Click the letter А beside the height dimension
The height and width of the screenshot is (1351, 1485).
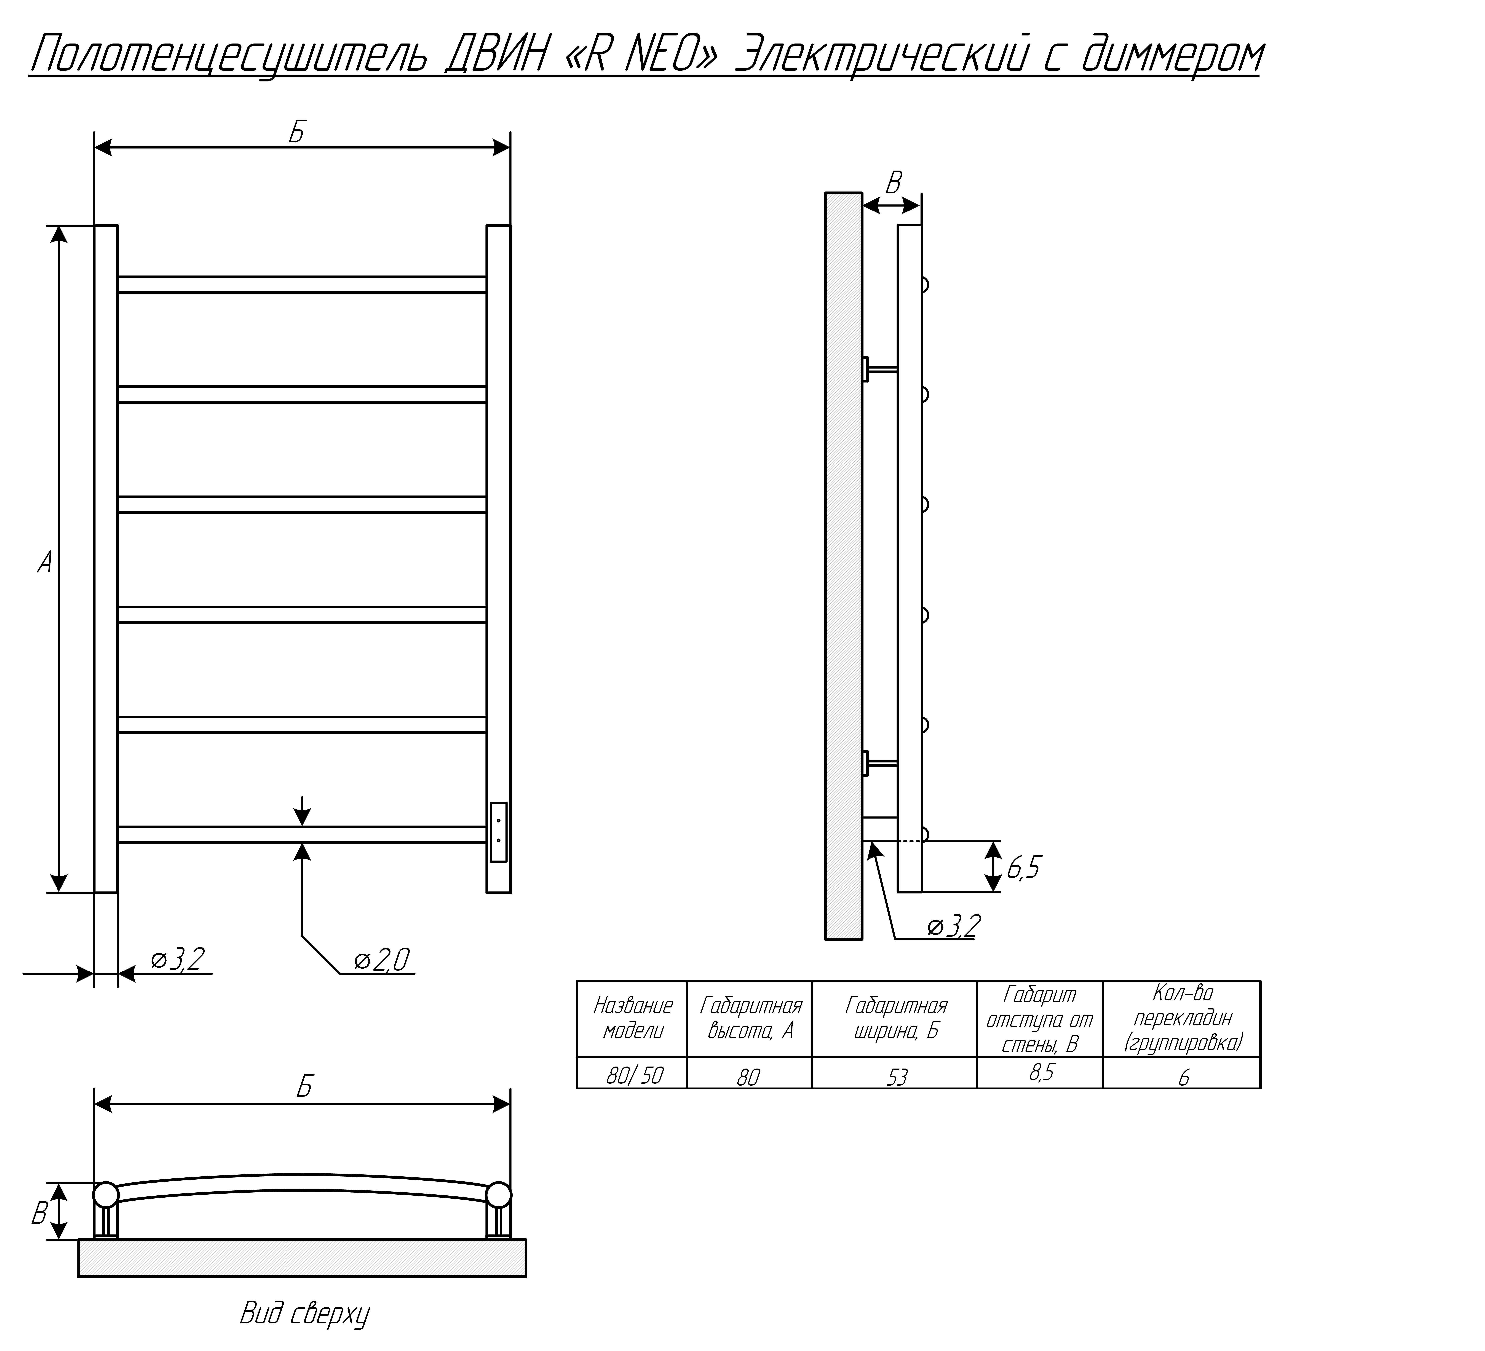click(x=45, y=562)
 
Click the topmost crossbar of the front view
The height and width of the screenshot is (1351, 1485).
click(x=302, y=284)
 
